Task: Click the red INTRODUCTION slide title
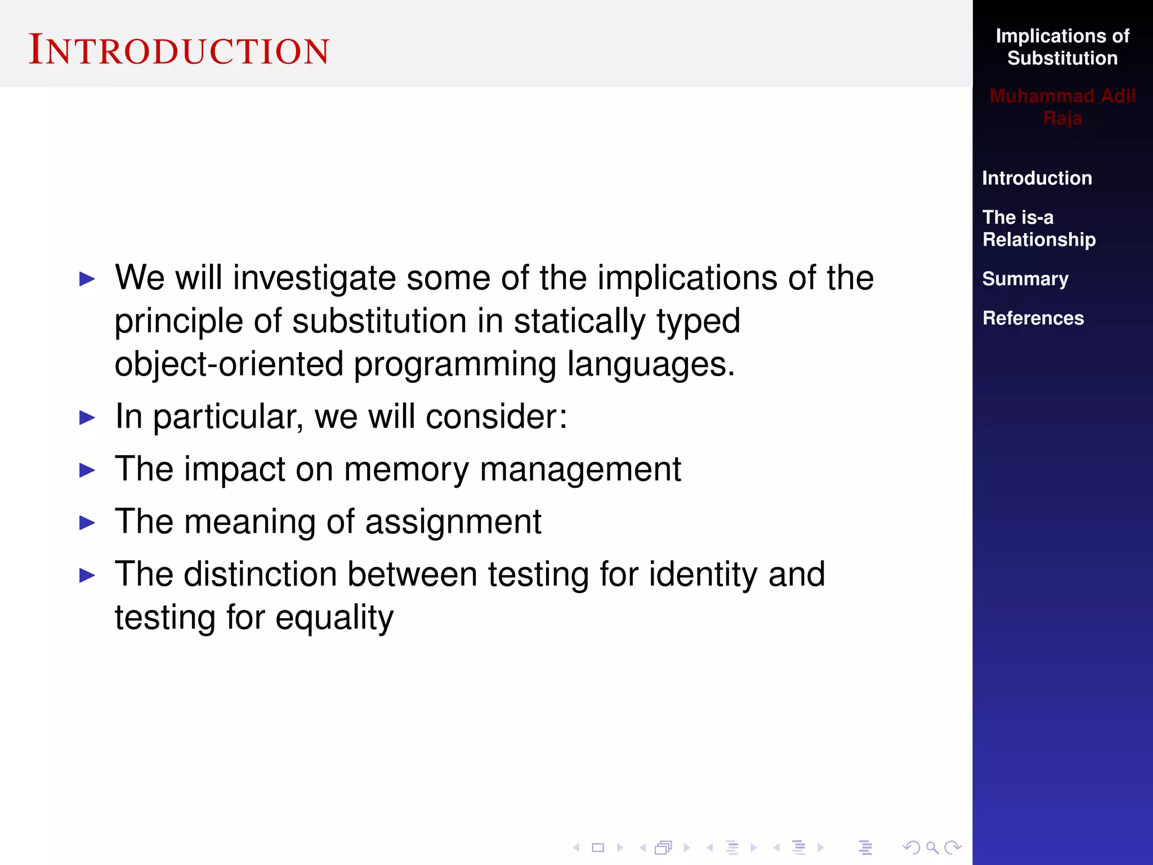179,51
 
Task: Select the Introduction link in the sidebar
1037,178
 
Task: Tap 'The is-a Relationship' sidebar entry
1039,228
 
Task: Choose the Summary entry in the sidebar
1025,279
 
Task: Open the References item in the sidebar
1033,318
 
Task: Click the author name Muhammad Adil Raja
1062,107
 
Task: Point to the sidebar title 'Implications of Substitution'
1062,47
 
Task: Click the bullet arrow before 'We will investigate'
87,279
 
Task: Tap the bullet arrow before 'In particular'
87,418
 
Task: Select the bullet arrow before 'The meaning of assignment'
87,523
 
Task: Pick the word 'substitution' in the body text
379,322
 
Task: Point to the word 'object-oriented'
229,364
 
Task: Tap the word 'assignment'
453,523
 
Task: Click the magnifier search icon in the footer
932,848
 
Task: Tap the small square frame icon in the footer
598,848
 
